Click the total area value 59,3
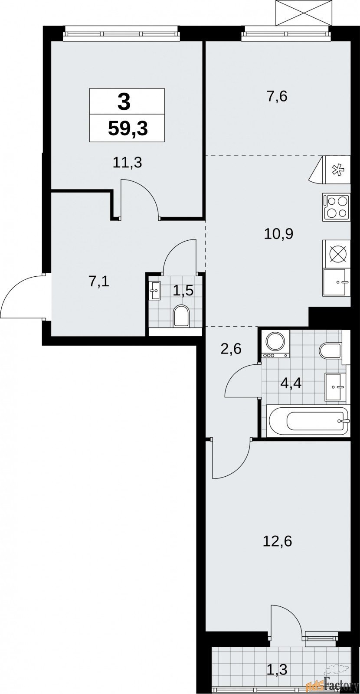point(128,129)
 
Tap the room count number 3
point(124,102)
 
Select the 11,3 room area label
point(128,163)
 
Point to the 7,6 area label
point(277,96)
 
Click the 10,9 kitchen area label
point(278,234)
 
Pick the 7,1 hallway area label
point(99,282)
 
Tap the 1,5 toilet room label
point(183,290)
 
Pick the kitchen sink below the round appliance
point(336,282)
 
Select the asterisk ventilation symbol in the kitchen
point(337,170)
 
